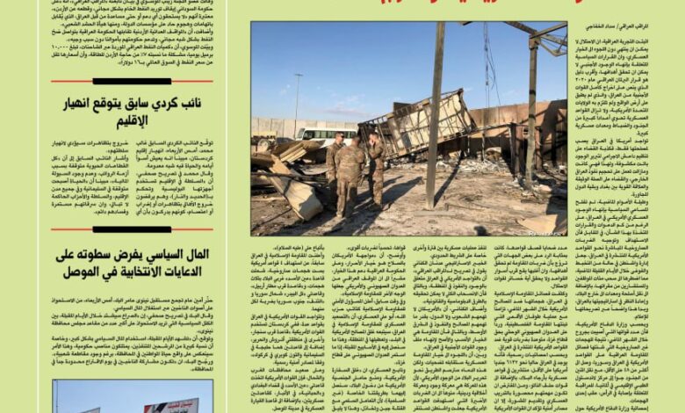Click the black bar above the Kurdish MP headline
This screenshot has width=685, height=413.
pyautogui.click(x=132, y=81)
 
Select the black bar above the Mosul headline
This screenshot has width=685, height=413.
pyautogui.click(x=132, y=230)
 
